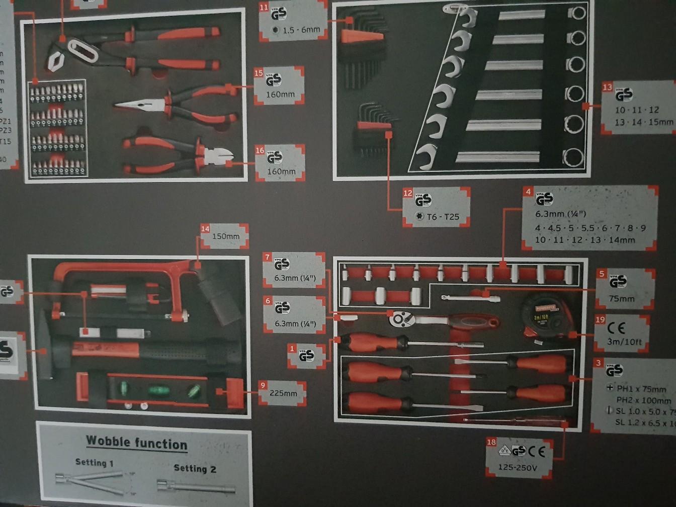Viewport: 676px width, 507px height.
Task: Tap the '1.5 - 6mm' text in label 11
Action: point(301,30)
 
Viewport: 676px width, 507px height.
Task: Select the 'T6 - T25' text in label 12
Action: point(443,217)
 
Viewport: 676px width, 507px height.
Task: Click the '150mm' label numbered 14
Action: point(226,236)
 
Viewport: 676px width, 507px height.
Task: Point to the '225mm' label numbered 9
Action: point(283,393)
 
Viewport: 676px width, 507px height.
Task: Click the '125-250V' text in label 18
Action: point(518,467)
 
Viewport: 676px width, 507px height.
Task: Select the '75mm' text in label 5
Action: point(622,298)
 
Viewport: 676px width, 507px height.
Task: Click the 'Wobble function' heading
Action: point(136,443)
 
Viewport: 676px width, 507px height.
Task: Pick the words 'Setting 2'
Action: point(195,468)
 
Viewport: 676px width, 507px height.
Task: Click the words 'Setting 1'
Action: point(94,462)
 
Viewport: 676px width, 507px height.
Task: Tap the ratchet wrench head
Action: point(399,318)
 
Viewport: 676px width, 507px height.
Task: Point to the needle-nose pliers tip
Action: point(121,105)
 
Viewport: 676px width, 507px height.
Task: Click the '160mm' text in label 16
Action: point(281,171)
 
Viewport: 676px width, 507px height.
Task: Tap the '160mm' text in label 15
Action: point(281,94)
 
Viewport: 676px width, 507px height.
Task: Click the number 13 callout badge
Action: point(607,88)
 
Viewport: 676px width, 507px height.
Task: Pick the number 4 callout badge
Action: point(528,192)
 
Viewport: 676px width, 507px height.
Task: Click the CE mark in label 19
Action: point(616,328)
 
